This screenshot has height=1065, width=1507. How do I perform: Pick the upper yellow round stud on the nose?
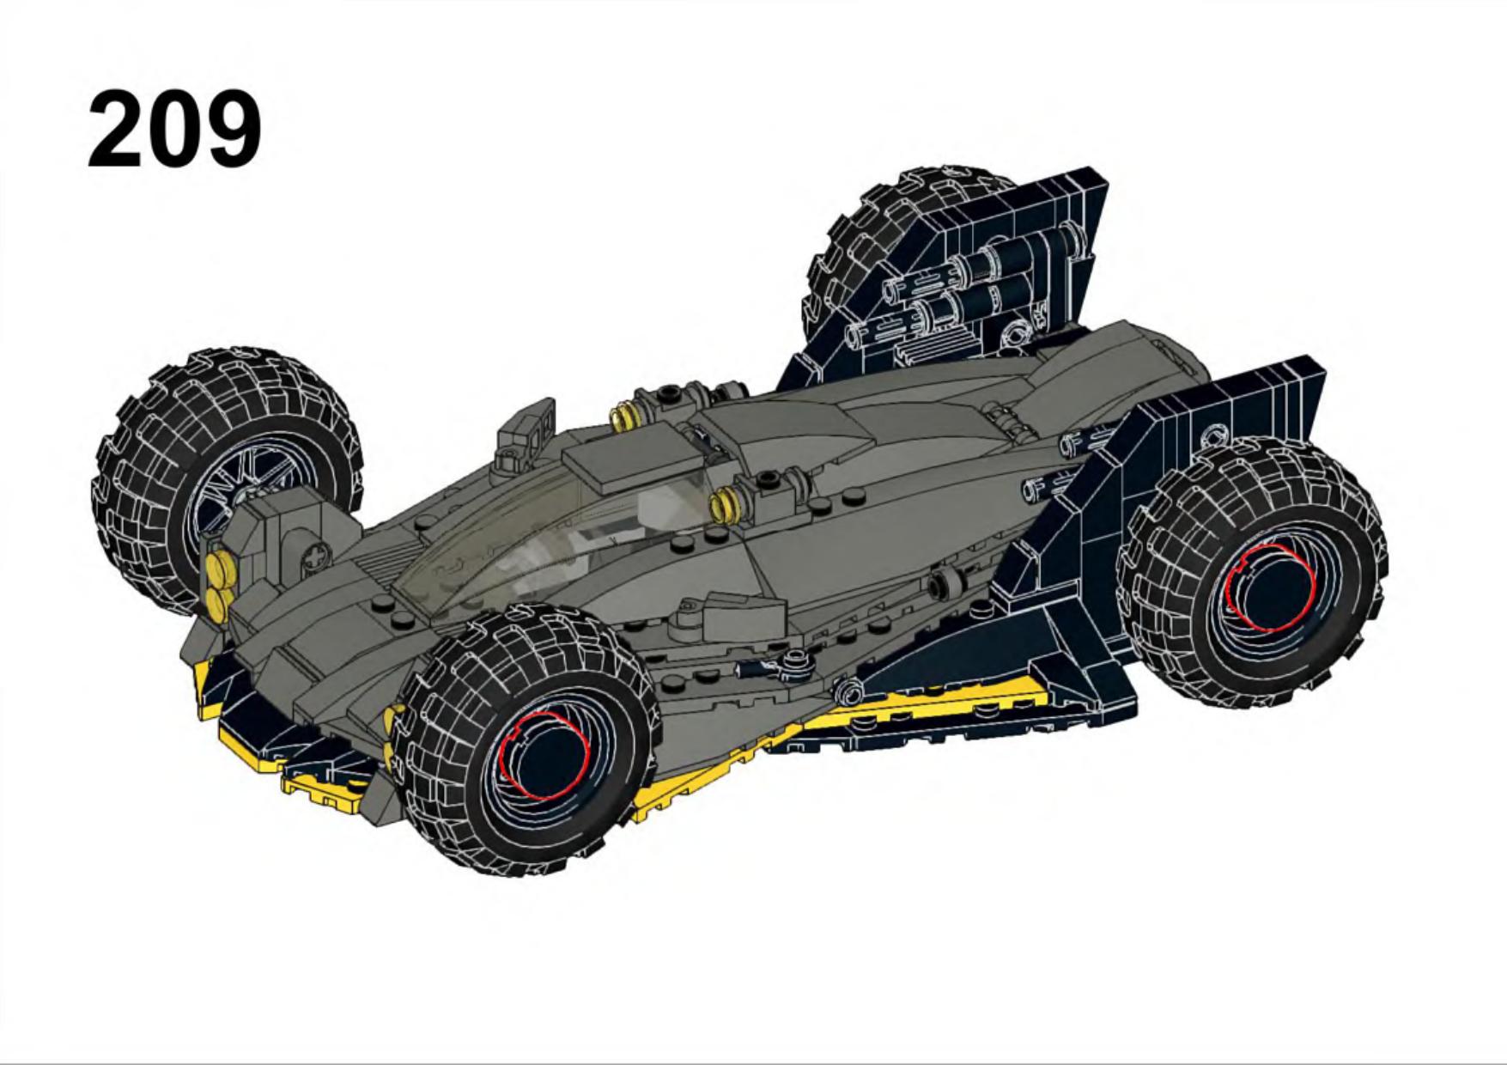click(x=219, y=567)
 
